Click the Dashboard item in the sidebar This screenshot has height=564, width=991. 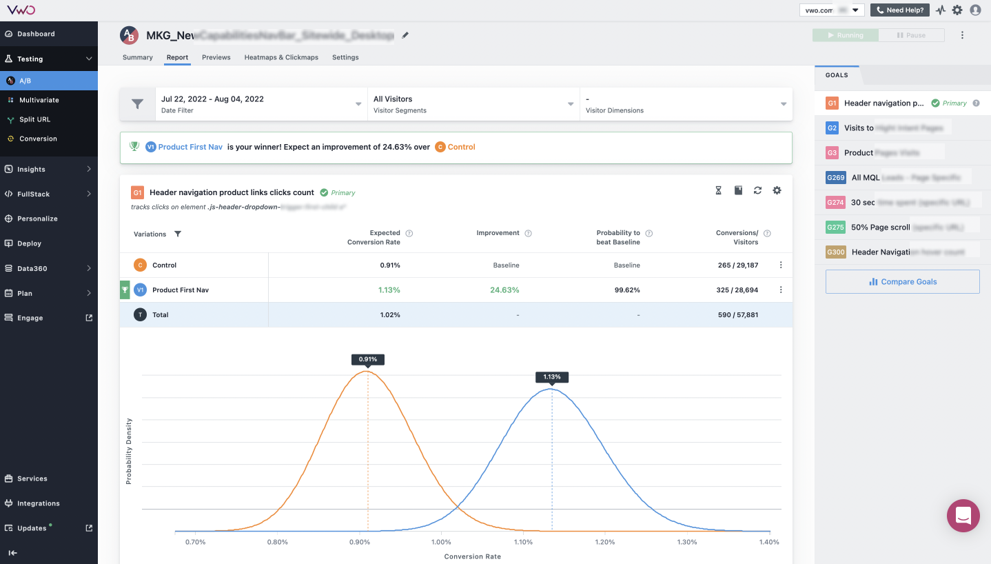(36, 34)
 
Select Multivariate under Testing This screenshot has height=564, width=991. (39, 100)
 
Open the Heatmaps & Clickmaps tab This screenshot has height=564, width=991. (281, 57)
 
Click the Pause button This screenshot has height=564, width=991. (910, 35)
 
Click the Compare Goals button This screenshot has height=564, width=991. (902, 281)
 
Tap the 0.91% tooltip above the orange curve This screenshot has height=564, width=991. (368, 359)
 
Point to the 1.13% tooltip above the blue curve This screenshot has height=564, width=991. (552, 377)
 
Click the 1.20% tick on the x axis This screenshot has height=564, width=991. (605, 542)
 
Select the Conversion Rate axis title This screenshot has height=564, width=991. (473, 556)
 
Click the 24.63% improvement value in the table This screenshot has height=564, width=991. (504, 290)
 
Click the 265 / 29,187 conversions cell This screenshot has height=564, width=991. (737, 265)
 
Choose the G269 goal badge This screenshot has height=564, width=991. (835, 177)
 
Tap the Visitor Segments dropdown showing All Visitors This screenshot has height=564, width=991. (473, 104)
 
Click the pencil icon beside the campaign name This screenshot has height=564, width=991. (405, 35)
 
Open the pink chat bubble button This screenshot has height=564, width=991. (963, 516)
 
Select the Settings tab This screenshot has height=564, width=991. (345, 57)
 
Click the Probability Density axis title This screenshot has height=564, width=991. (129, 451)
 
